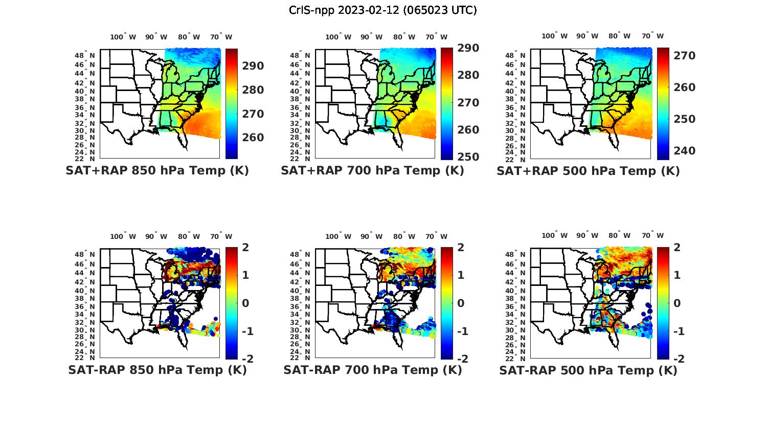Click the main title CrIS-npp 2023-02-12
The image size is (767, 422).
pyautogui.click(x=382, y=10)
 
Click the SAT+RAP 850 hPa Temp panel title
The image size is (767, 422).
pyautogui.click(x=157, y=171)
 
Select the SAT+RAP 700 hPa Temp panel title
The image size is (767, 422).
pyautogui.click(x=372, y=171)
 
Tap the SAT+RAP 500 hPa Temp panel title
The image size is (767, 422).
pyautogui.click(x=588, y=171)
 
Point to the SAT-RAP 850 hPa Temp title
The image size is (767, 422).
pyautogui.click(x=157, y=370)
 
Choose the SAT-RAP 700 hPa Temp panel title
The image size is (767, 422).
pyautogui.click(x=372, y=370)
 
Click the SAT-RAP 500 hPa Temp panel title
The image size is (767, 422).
pyautogui.click(x=588, y=370)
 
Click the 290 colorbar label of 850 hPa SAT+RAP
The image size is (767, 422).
pyautogui.click(x=253, y=66)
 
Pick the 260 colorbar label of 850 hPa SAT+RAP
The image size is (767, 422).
pyautogui.click(x=253, y=138)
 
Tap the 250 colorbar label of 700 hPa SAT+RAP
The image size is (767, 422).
pyautogui.click(x=468, y=157)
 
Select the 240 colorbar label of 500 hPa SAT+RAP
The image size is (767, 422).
pyautogui.click(x=684, y=151)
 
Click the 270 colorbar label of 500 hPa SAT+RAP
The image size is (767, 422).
pyautogui.click(x=684, y=55)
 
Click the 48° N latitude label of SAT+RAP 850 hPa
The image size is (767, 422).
pyautogui.click(x=85, y=55)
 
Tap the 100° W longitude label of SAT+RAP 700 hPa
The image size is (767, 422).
pyautogui.click(x=338, y=37)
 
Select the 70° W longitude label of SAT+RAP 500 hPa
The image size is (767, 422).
pyautogui.click(x=652, y=36)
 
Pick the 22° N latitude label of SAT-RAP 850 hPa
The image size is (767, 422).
pyautogui.click(x=85, y=358)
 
